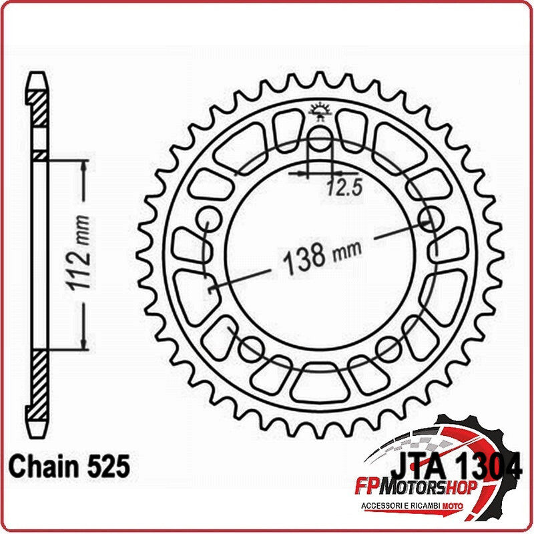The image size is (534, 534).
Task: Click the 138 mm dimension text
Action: [322, 254]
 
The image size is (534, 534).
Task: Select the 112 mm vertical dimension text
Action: [82, 253]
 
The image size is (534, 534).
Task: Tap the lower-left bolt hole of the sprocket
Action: [251, 347]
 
